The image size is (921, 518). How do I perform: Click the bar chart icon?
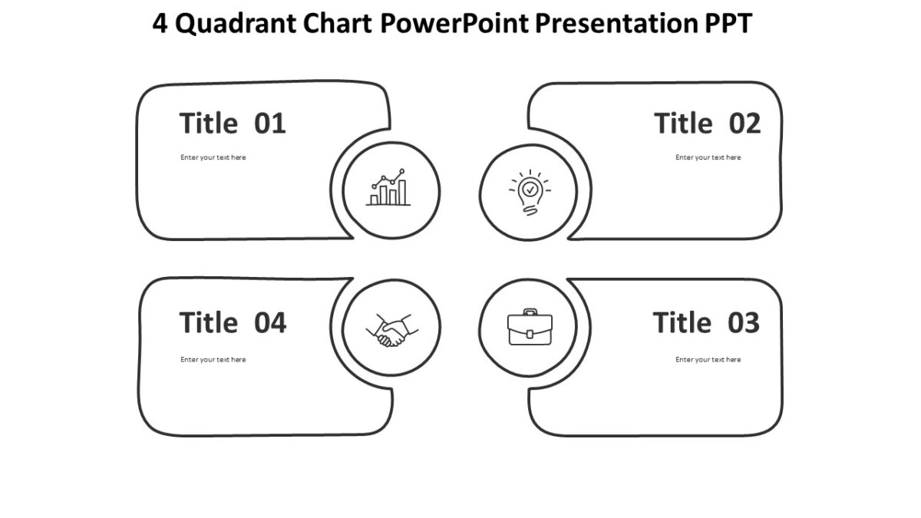click(390, 189)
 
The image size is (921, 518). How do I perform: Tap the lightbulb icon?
click(530, 192)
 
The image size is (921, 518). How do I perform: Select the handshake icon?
click(391, 329)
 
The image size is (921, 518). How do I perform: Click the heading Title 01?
click(233, 123)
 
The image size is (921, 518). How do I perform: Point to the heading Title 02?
click(707, 123)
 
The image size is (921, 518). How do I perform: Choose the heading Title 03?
click(706, 322)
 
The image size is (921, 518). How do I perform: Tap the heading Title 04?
click(233, 322)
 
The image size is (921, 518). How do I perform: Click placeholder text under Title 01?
click(213, 157)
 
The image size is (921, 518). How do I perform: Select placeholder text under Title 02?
click(708, 157)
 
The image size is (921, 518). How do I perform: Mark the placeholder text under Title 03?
click(708, 359)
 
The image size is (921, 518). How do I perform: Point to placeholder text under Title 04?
click(213, 359)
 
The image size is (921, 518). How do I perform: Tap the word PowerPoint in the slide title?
click(454, 25)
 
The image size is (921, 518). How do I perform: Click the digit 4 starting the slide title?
click(160, 25)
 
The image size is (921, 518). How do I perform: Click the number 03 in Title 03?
click(743, 322)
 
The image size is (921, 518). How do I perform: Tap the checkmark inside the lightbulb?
click(530, 187)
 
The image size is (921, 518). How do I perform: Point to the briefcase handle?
click(530, 312)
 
